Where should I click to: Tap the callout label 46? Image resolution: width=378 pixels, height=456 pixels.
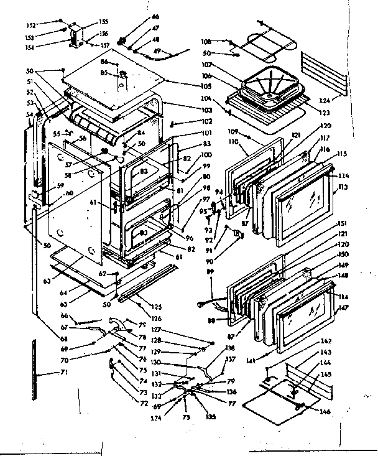138,16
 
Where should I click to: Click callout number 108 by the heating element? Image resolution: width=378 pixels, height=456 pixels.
206,42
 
